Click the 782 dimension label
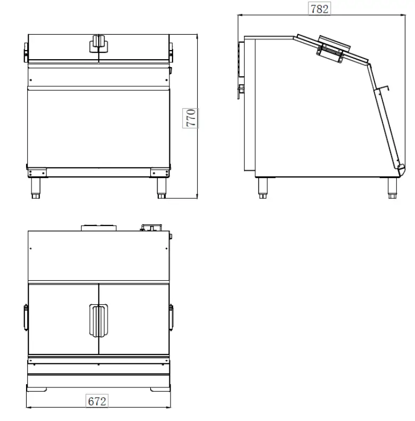(x=319, y=9)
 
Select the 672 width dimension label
(x=97, y=401)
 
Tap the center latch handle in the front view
(x=99, y=43)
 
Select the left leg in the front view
(x=36, y=188)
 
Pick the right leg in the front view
(x=161, y=188)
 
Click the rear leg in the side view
(x=263, y=188)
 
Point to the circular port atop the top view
(x=99, y=228)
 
